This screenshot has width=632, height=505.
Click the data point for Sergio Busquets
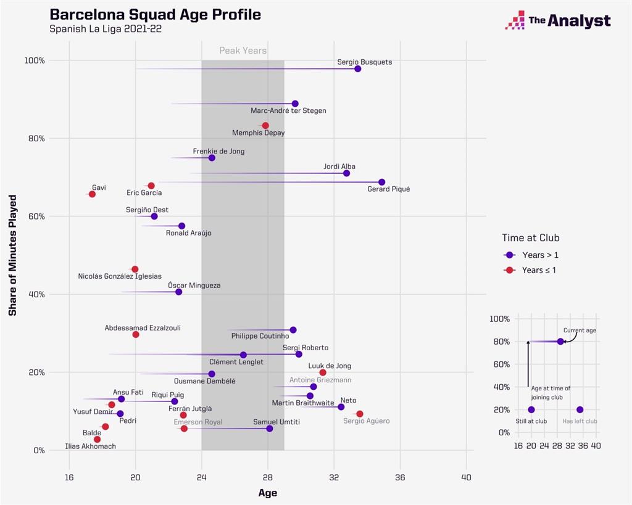tap(358, 68)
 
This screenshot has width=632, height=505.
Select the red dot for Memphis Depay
tap(265, 126)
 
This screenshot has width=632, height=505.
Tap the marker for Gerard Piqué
tap(382, 182)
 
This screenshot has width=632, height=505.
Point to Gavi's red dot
tap(92, 194)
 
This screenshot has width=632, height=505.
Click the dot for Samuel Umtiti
tap(270, 429)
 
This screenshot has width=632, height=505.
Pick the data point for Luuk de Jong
tap(323, 372)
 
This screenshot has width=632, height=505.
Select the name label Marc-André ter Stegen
tap(288, 111)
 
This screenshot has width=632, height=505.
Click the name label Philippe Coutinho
tap(260, 336)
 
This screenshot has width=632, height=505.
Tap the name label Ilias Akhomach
tap(90, 446)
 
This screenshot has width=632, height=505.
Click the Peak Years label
tap(243, 51)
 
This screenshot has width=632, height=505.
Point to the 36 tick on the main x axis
tap(400, 477)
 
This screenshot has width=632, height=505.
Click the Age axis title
tap(267, 493)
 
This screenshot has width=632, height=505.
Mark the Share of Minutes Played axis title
tap(12, 255)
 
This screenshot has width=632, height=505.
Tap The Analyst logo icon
tap(515, 20)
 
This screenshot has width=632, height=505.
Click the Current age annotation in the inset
tap(580, 331)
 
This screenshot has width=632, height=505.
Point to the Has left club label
tap(580, 421)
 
